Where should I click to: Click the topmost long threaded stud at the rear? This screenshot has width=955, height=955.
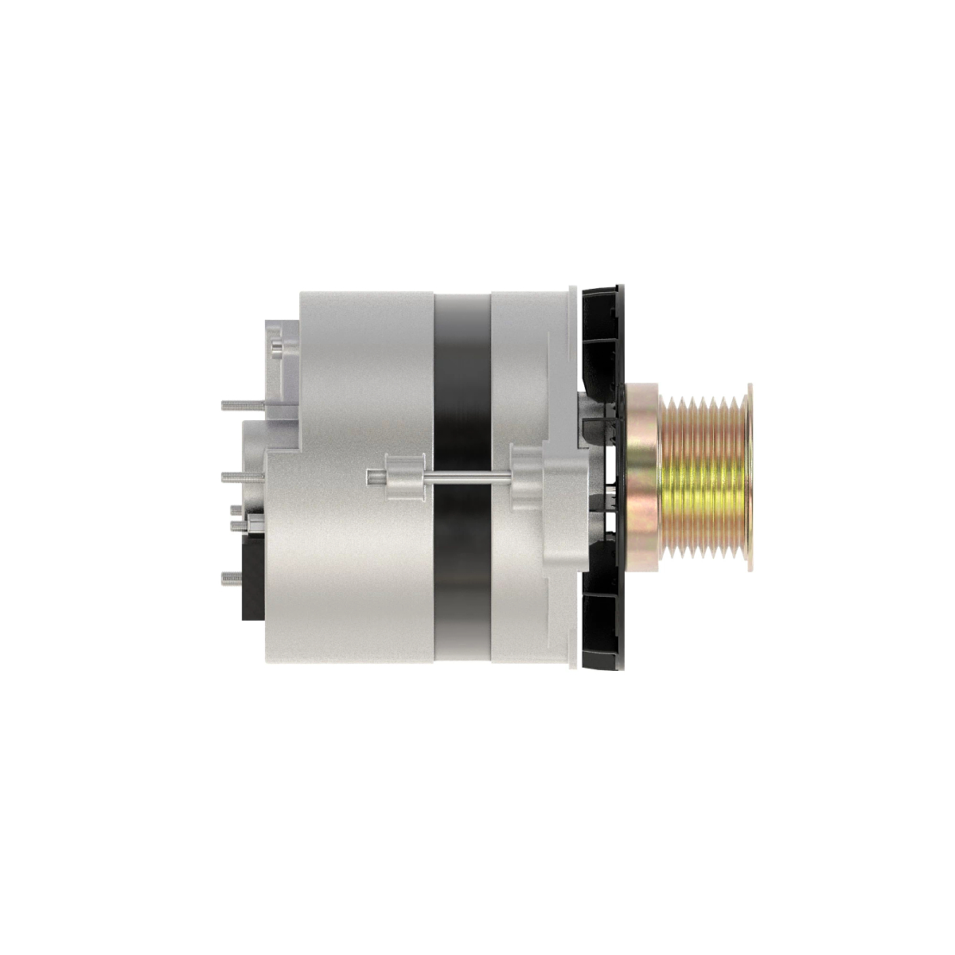(x=239, y=405)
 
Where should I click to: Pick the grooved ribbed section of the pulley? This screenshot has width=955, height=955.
(x=704, y=477)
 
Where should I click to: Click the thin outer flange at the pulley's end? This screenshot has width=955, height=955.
(x=749, y=477)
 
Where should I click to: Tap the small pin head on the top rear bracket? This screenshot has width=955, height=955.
(x=275, y=345)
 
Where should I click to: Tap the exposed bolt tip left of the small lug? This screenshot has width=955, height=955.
(x=374, y=477)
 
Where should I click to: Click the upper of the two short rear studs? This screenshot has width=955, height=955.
(x=236, y=509)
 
